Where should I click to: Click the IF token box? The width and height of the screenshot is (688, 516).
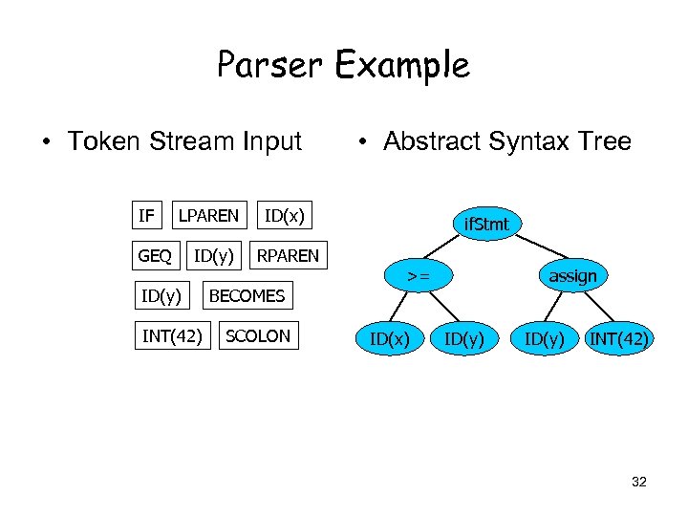tap(146, 216)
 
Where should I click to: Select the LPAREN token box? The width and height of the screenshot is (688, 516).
tap(208, 216)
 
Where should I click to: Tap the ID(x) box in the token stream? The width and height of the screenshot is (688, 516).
tap(284, 216)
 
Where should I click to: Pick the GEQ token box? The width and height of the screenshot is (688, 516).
tap(155, 256)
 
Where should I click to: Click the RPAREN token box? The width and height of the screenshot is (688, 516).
tap(288, 256)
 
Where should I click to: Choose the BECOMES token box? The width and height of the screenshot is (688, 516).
tap(247, 296)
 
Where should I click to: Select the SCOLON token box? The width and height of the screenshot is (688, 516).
tap(258, 336)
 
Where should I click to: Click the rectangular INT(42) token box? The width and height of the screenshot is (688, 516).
tap(172, 336)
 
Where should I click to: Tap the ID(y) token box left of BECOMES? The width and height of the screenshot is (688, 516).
tap(161, 296)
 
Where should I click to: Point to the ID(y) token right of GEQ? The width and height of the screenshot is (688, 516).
tap(215, 256)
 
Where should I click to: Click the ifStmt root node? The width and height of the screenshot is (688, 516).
tap(487, 226)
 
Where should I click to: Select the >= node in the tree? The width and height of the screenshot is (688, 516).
tap(417, 277)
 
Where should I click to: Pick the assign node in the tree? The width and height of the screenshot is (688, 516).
tap(572, 277)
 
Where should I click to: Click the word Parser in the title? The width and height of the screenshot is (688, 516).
tap(270, 65)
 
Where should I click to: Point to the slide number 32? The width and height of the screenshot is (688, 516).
tap(639, 482)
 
